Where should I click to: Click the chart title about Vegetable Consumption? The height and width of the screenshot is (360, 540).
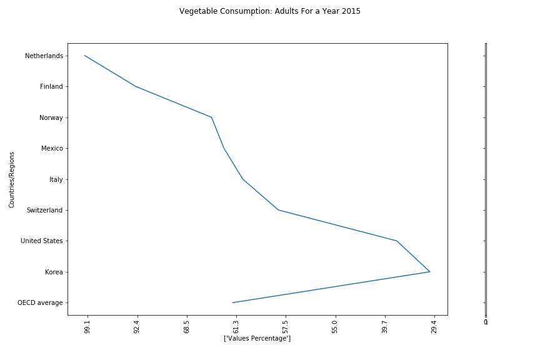[269, 11]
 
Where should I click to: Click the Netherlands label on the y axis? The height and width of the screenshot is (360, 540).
[44, 56]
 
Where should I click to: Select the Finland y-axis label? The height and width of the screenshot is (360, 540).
[51, 87]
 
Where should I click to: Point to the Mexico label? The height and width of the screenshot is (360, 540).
[52, 149]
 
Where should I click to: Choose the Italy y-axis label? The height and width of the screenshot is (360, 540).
[56, 179]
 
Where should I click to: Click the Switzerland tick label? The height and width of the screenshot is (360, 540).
[44, 211]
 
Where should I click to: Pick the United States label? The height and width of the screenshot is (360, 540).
[41, 241]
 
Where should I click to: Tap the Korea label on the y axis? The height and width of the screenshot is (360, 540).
[54, 272]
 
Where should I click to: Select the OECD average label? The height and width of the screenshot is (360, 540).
[40, 303]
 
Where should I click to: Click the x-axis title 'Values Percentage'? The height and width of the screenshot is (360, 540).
[257, 338]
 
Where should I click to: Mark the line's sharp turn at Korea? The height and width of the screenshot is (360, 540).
[430, 272]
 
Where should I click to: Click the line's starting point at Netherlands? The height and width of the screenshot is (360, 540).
[84, 56]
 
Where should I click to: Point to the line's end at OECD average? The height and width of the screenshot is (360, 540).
[232, 302]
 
